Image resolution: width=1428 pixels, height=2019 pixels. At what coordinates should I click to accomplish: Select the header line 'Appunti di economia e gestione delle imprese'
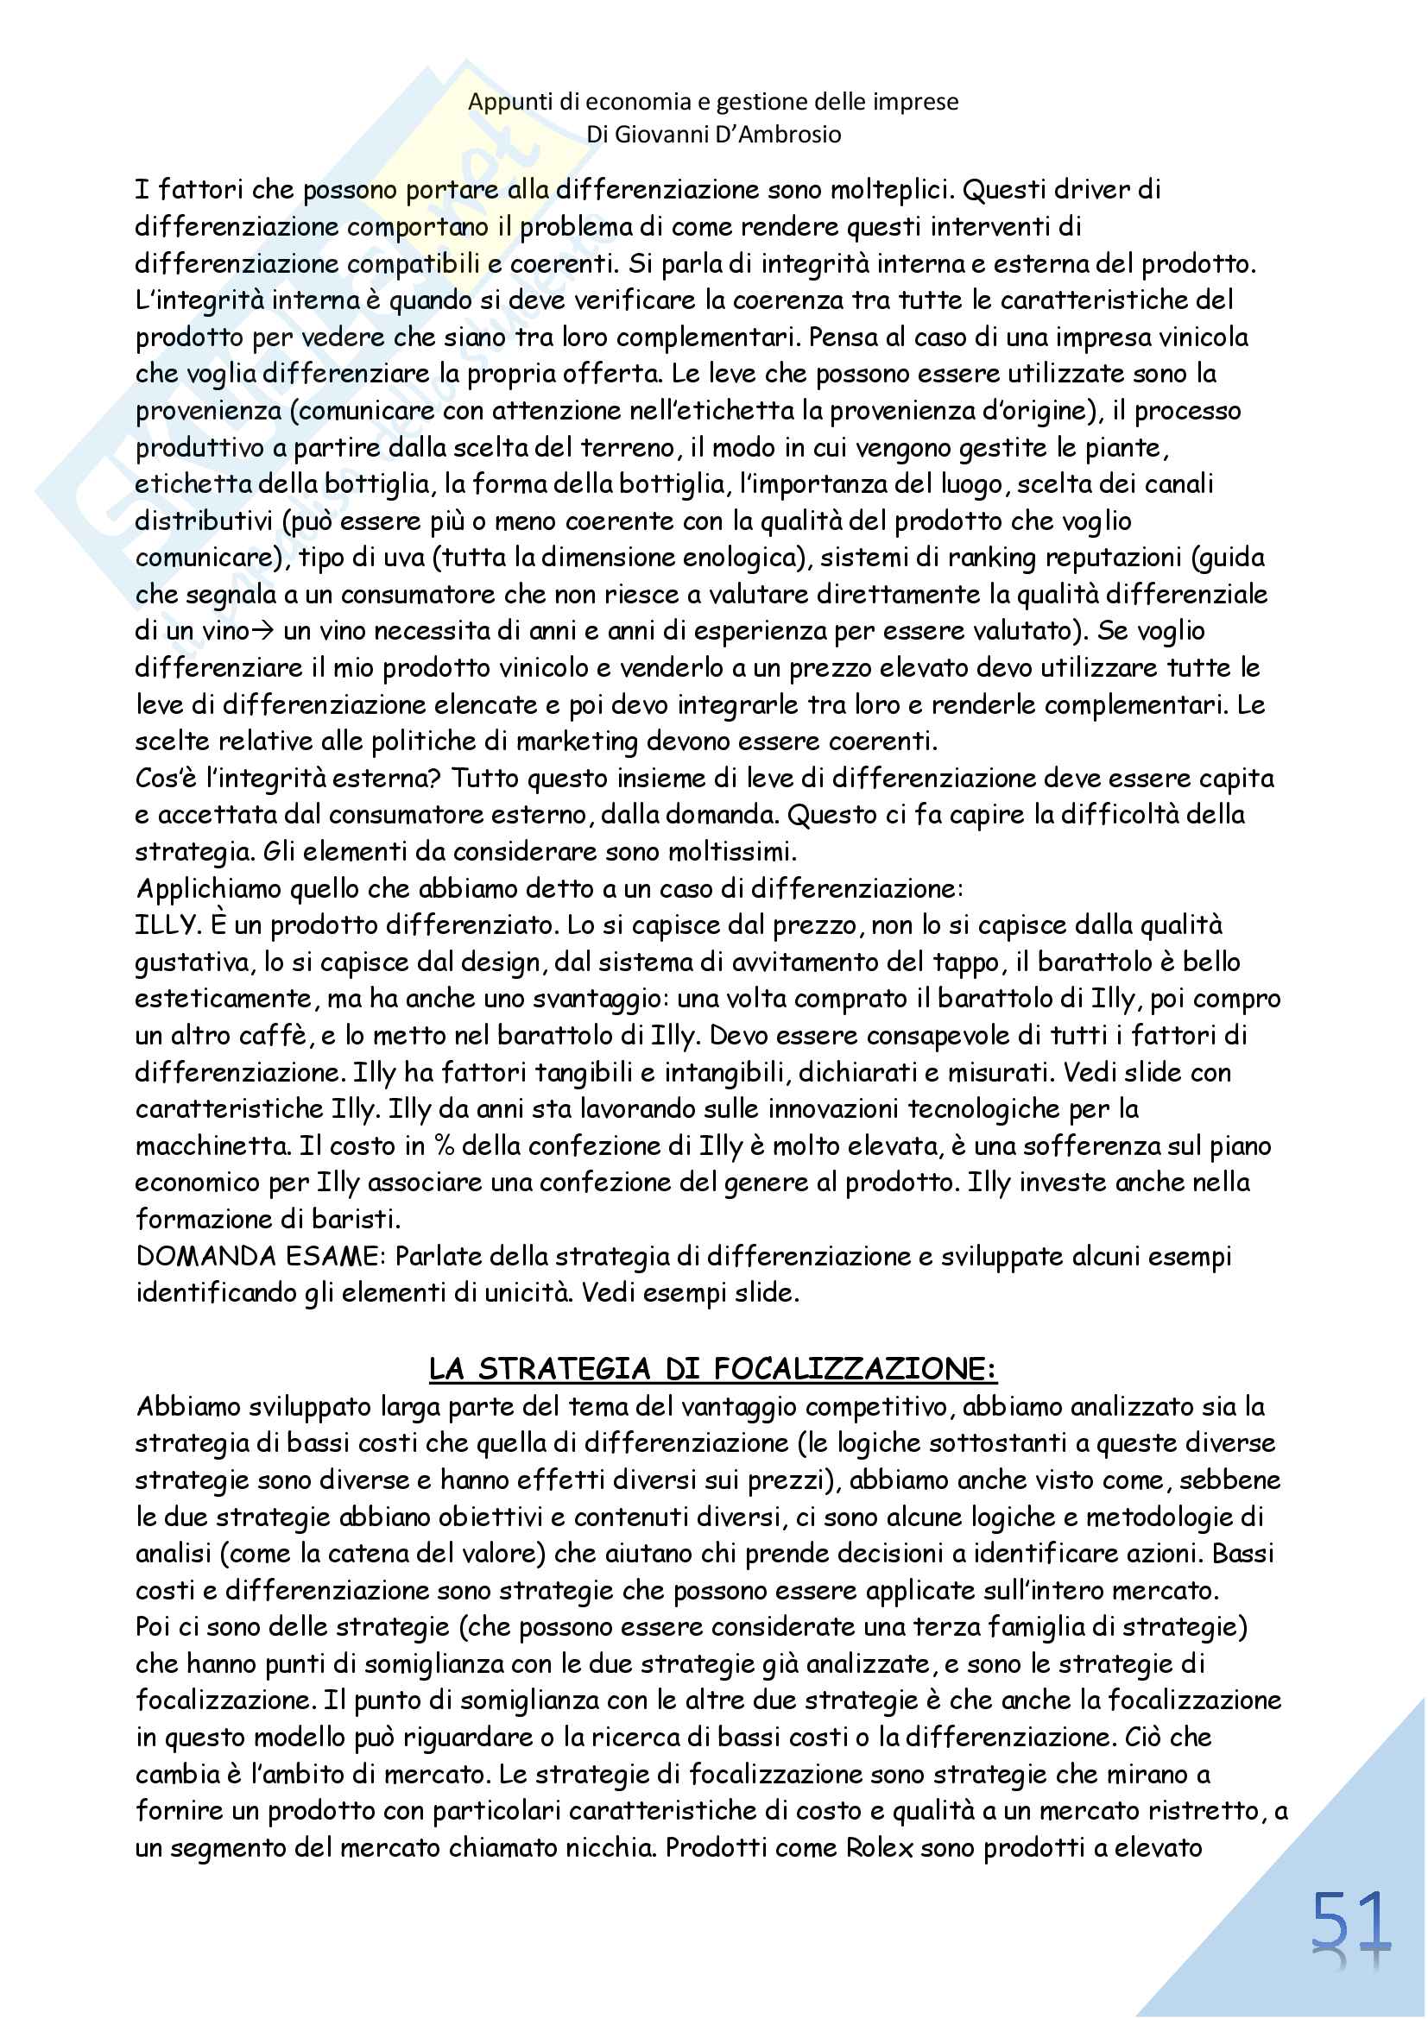coord(713,102)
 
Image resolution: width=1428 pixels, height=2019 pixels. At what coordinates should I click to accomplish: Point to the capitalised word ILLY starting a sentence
coord(164,925)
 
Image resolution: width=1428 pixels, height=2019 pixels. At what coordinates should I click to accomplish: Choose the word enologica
coord(753,558)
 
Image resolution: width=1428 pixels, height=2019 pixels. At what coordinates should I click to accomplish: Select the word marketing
coord(577,741)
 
